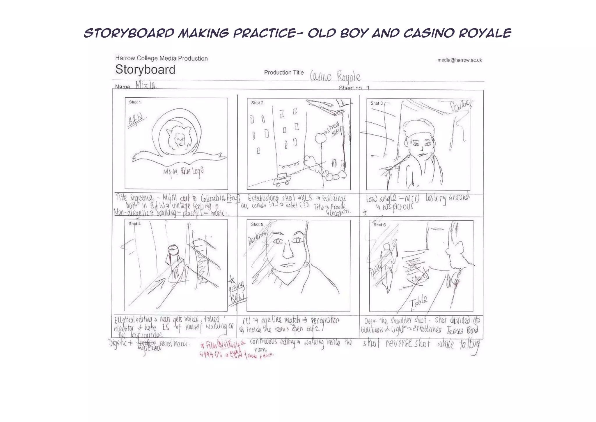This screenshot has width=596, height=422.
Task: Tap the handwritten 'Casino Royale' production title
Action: tap(335, 77)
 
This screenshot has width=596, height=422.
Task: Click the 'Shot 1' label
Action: tap(135, 102)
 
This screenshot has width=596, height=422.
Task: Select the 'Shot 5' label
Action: tap(257, 224)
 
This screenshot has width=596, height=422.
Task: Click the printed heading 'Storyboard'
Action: tap(145, 70)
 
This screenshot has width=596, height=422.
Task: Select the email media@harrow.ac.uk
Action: tap(460, 60)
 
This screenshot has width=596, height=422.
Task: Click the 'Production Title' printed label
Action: tap(284, 73)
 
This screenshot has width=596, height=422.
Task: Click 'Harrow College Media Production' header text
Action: tap(161, 58)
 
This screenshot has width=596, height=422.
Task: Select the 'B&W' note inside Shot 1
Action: tap(136, 119)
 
